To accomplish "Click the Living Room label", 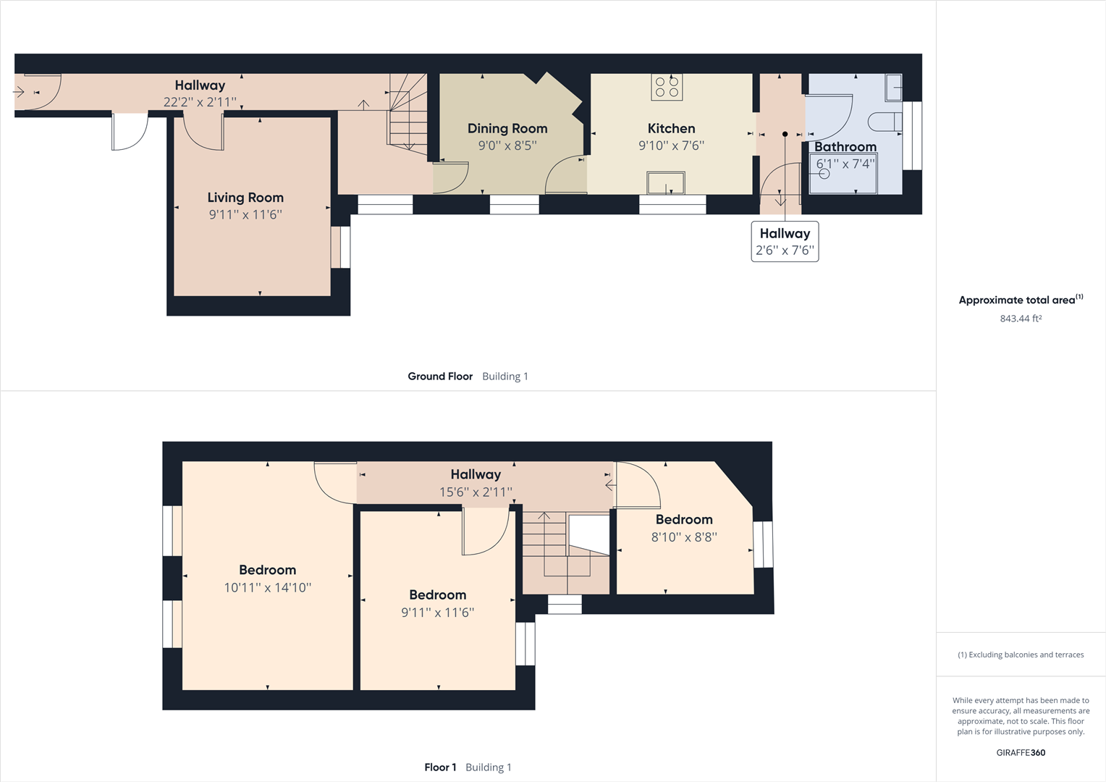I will (x=245, y=198).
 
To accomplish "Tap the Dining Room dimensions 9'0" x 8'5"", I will (x=507, y=146).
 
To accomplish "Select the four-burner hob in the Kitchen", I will (x=667, y=87).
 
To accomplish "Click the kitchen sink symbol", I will (x=666, y=182).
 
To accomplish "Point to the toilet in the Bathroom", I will (x=885, y=122).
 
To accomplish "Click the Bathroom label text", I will (x=845, y=147).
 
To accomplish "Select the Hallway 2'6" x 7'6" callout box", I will (x=785, y=242).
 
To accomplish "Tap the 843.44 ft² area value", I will (x=1021, y=319).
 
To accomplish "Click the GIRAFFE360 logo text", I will (x=1021, y=752).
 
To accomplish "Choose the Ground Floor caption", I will (x=440, y=377).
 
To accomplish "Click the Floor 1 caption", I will (x=440, y=768).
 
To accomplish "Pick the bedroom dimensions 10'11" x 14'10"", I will (x=267, y=588).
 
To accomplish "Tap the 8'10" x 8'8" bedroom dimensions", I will (x=684, y=537).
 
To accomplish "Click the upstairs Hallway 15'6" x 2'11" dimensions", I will (x=476, y=492).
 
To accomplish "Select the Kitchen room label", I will (x=671, y=129).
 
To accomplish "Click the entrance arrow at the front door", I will (x=20, y=92).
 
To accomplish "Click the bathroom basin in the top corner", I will (x=893, y=88).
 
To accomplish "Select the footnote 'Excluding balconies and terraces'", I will (x=1021, y=655).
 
